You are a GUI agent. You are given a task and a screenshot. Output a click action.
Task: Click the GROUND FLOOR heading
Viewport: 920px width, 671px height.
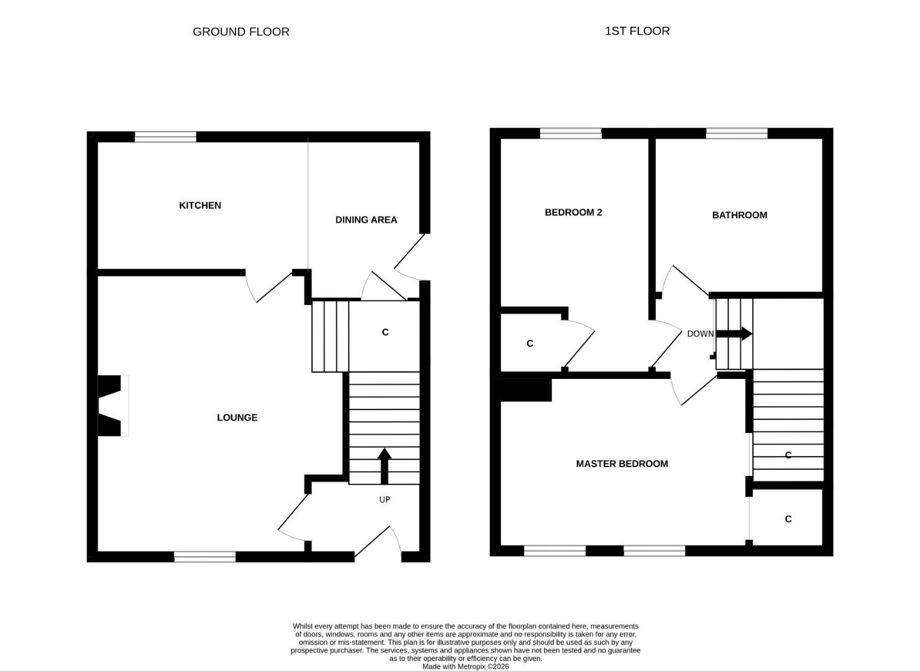point(241,32)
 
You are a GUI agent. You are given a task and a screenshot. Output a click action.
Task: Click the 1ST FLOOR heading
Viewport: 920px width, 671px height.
point(637,31)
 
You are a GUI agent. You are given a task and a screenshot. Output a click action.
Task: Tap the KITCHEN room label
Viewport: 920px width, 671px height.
point(200,206)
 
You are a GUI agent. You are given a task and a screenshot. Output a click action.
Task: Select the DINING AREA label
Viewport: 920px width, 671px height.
point(366,220)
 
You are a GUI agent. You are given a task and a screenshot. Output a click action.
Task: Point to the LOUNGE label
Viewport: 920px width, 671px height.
point(237,418)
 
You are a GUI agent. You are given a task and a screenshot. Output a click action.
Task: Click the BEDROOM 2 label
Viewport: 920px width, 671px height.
point(573,212)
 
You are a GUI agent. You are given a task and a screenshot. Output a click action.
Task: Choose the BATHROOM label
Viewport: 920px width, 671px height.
point(739,216)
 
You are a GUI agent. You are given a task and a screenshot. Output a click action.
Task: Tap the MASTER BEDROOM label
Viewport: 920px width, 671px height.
point(622,464)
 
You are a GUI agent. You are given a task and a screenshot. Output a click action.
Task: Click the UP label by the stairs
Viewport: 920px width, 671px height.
point(385,500)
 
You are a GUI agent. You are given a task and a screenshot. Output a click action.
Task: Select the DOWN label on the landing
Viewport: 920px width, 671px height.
point(700,334)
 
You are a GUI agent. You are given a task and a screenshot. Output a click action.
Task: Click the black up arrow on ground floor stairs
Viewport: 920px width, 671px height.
point(384,465)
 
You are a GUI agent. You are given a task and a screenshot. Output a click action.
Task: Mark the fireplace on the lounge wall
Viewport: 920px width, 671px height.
point(111,406)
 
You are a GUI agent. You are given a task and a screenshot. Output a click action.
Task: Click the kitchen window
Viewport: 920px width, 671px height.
point(165,137)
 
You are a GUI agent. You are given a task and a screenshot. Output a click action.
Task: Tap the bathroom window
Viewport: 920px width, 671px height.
point(737,133)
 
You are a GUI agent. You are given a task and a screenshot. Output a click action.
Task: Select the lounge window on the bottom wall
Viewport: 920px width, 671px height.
point(205,557)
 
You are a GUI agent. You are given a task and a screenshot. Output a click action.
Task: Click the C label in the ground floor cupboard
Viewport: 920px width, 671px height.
point(385,332)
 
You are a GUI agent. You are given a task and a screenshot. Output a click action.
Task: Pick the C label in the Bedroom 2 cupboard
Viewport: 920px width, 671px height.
point(530,344)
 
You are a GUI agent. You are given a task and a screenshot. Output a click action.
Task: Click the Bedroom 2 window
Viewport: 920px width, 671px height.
point(571,133)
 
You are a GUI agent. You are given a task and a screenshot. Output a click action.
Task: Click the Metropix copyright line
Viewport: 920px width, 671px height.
point(466,667)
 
